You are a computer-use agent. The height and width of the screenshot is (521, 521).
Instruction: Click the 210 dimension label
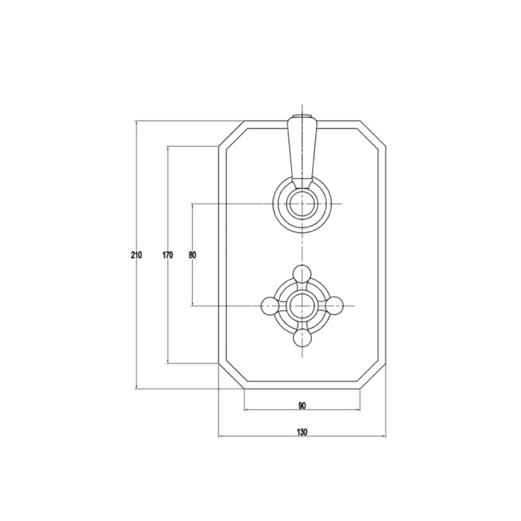pos(136,255)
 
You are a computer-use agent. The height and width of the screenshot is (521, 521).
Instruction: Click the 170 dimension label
pos(167,255)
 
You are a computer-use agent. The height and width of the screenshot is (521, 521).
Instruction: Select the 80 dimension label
pos(192,255)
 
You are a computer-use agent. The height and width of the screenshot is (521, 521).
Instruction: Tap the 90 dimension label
pos(302,405)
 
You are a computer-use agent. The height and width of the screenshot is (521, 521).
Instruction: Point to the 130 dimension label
pos(302,432)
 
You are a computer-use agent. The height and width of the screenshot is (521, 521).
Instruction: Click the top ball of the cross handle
pos(302,272)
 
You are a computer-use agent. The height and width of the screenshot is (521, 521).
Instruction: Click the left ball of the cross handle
pos(270,305)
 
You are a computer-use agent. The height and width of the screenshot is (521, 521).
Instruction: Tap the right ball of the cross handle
pos(334,305)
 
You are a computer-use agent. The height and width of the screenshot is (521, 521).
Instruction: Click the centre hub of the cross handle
pos(302,305)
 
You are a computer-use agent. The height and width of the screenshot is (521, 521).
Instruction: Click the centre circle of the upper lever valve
pos(302,203)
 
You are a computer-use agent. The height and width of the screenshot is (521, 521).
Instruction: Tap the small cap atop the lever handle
pos(302,116)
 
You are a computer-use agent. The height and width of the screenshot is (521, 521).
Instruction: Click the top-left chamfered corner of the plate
pos(231,133)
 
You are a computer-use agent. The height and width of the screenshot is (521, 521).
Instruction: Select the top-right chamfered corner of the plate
pos(373,133)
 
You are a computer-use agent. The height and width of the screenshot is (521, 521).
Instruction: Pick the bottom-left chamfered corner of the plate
pos(231,376)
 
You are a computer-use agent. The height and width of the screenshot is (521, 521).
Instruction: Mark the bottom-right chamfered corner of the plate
pos(373,376)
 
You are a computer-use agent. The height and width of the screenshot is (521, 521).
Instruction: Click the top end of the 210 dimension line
pos(136,121)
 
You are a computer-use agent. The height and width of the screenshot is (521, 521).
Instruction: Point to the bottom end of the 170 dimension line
pos(167,363)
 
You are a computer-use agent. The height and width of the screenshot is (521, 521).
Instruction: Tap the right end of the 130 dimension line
pos(386,437)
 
